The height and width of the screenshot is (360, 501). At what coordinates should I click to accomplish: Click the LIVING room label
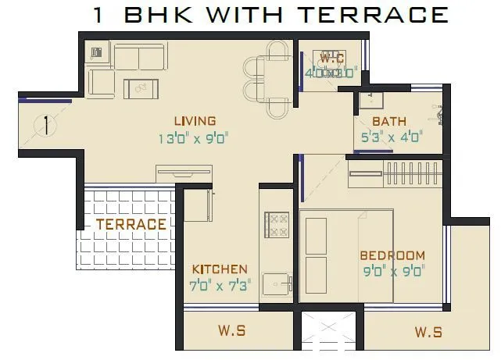[195, 120]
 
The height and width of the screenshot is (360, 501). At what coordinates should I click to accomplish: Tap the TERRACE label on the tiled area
[131, 224]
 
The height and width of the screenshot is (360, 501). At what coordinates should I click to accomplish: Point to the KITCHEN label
[220, 269]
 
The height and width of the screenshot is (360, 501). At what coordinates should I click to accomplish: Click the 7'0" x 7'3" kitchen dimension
[220, 286]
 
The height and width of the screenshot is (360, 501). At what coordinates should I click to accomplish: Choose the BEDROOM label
[392, 255]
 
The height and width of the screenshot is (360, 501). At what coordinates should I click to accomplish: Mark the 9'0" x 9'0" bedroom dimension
[392, 273]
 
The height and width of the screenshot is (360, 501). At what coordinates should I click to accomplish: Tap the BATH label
[388, 122]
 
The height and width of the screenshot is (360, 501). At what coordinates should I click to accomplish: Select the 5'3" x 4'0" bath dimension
[393, 137]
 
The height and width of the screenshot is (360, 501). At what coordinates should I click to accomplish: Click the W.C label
[332, 57]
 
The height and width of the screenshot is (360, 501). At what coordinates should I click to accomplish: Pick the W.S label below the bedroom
[428, 333]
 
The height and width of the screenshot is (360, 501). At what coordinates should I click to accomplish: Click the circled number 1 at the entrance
[47, 125]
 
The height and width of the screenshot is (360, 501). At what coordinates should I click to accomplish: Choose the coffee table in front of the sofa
[142, 88]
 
